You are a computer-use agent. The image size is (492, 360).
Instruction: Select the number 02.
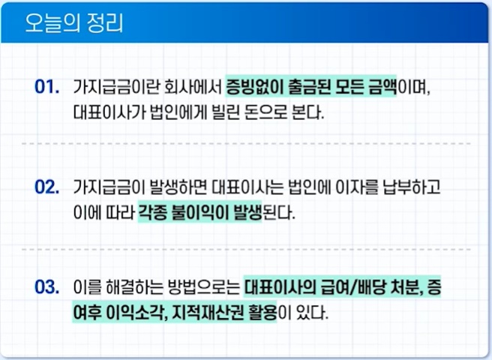coord(47,187)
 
